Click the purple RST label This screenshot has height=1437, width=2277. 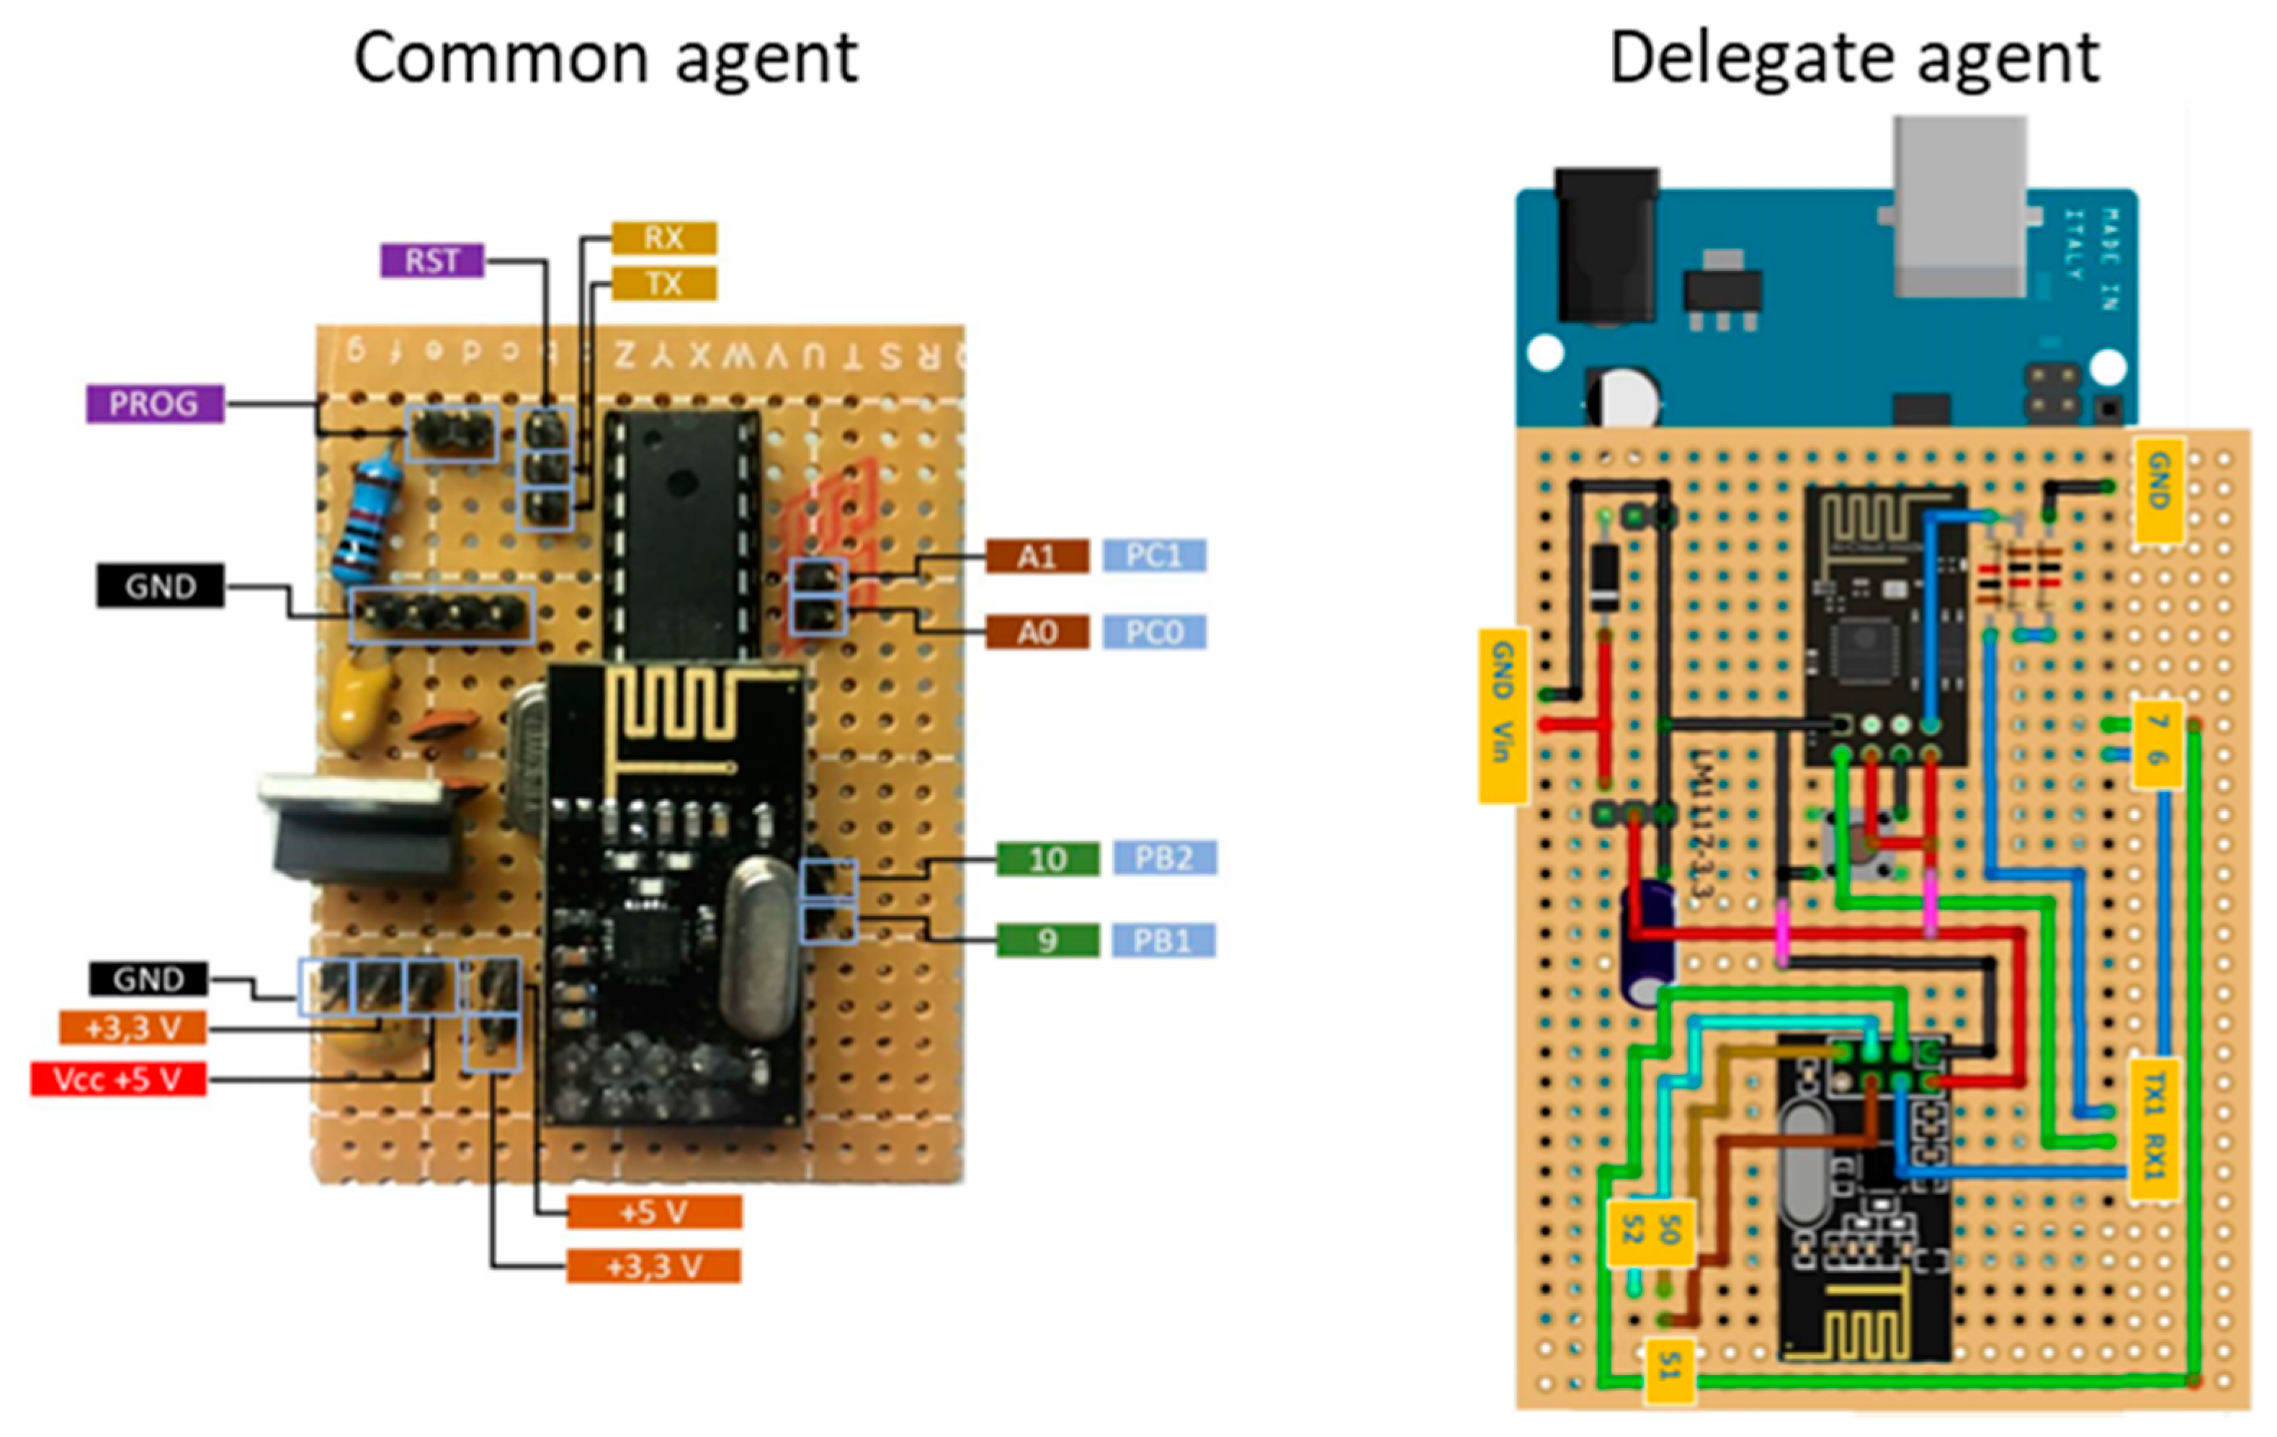[432, 260]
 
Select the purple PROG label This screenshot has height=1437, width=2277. [155, 404]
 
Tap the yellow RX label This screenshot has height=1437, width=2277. [664, 237]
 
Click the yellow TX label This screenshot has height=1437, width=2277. [664, 282]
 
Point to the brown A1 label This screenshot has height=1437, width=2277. [1037, 556]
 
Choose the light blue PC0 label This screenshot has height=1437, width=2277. [1155, 631]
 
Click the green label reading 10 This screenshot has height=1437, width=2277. [1047, 859]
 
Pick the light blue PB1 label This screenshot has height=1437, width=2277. [1163, 940]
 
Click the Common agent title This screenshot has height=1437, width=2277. [605, 58]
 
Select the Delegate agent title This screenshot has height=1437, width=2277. [1853, 58]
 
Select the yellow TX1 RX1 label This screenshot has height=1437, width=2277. [2153, 1129]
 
